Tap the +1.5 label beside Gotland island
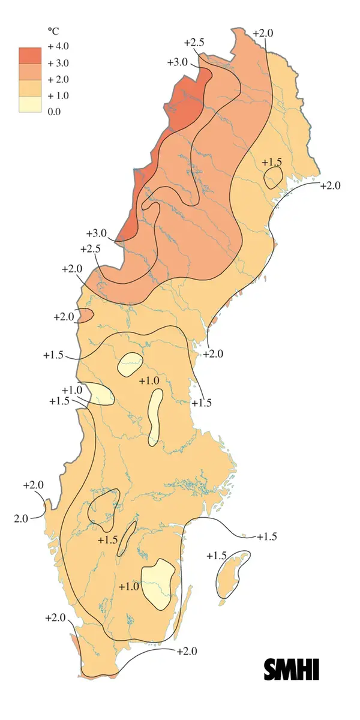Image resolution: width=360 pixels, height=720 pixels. (x=217, y=556)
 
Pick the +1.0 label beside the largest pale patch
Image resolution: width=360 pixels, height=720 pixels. (x=129, y=586)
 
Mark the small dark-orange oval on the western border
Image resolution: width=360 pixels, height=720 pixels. (x=85, y=314)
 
